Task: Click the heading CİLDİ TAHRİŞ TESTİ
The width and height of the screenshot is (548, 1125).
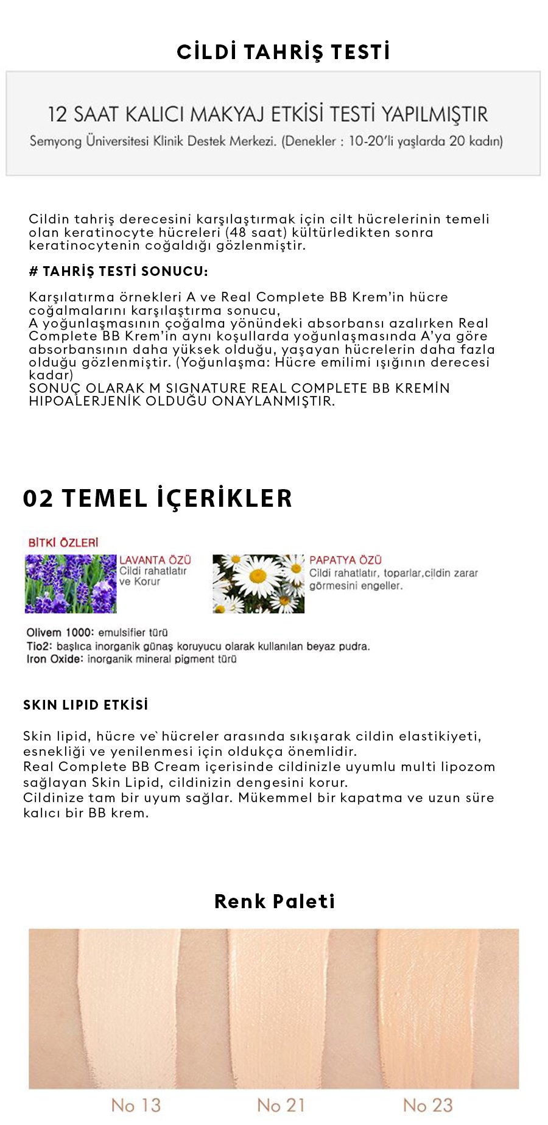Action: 283,52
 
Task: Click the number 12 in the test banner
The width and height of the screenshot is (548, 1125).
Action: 57,115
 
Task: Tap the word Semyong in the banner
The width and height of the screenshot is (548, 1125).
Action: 55,141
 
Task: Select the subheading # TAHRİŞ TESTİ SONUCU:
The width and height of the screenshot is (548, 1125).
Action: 118,272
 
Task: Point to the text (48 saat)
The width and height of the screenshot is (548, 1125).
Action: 256,232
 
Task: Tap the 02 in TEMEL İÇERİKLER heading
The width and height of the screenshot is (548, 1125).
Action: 38,498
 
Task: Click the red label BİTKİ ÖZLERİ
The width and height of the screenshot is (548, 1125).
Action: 63,542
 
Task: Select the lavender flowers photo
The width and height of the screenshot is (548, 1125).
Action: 71,584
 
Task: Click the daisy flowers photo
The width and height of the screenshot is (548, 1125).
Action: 258,584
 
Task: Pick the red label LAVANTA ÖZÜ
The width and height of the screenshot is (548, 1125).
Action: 155,560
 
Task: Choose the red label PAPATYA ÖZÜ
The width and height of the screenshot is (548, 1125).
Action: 345,560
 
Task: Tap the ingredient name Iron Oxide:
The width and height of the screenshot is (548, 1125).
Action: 54,659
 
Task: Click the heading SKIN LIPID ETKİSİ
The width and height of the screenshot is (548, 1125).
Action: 86,705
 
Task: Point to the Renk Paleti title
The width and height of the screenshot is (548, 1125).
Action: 275,901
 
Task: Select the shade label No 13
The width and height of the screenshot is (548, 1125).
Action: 136,1105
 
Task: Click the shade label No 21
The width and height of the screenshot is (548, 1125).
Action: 281,1105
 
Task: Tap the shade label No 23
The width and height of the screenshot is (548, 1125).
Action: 427,1105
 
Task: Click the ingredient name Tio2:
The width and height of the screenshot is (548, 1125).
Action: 40,646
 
